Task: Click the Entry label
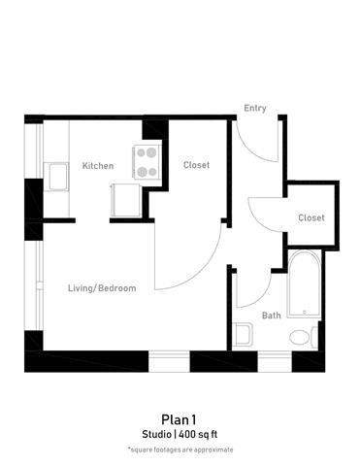click(x=255, y=108)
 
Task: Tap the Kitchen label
click(x=97, y=166)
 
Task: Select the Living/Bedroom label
click(x=101, y=288)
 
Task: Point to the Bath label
click(x=272, y=315)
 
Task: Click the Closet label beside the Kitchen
click(x=196, y=165)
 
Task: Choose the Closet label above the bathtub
click(x=311, y=217)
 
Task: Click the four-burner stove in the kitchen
click(x=147, y=161)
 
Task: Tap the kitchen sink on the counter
click(x=55, y=178)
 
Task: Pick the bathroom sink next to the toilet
click(x=242, y=335)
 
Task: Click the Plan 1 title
click(x=180, y=417)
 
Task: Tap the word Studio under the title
click(x=157, y=434)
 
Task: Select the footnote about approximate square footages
click(x=180, y=449)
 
